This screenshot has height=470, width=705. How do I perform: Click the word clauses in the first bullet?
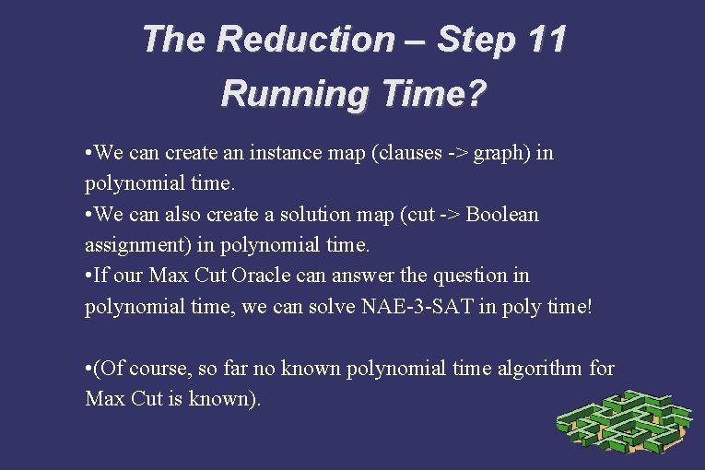[408, 153]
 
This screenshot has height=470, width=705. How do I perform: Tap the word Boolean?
[502, 214]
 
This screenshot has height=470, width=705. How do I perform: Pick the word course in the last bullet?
[154, 369]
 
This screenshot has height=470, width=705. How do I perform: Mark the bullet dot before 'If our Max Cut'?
[88, 276]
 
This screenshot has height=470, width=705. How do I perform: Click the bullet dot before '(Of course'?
[88, 369]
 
